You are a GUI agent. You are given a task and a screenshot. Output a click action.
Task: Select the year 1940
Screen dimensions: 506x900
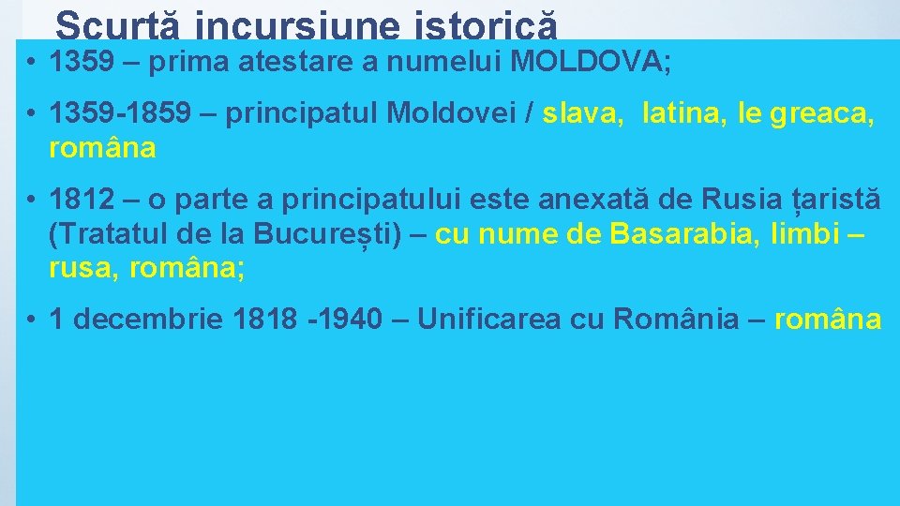[x=346, y=320]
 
